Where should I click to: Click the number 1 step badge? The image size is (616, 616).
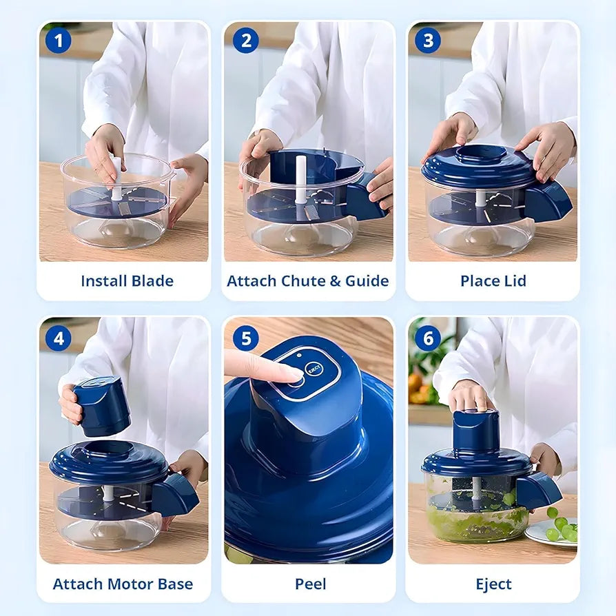pos(58,41)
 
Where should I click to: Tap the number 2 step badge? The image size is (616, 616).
pos(245,41)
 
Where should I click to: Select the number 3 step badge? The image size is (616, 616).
pos(427,41)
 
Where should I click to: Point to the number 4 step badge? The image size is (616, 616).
pos(58,338)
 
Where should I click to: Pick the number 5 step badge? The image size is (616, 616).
pos(245,338)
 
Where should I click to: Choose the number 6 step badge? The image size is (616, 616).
pos(427,338)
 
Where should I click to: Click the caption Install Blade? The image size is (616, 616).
pos(127,281)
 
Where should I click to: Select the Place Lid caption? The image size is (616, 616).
pos(493,281)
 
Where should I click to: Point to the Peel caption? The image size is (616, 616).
pos(311,584)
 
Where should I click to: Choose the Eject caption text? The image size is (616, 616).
pos(493,584)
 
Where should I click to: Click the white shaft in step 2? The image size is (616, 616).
pos(300,179)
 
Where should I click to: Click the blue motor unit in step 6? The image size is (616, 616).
pos(475,431)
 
